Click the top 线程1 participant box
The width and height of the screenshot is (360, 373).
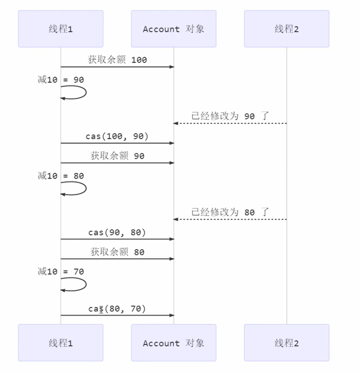click(x=61, y=29)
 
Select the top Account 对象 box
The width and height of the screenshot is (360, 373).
click(x=174, y=29)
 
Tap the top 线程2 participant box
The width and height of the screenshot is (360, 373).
click(x=286, y=29)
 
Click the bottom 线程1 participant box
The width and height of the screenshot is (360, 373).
click(x=61, y=343)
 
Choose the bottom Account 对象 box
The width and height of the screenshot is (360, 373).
click(x=174, y=343)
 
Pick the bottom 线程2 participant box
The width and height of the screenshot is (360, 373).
click(x=286, y=343)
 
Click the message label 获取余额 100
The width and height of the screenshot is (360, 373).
click(x=117, y=60)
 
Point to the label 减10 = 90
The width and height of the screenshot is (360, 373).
click(x=61, y=80)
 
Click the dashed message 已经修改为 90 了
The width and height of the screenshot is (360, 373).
click(x=230, y=116)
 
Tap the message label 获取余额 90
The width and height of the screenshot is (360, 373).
click(x=117, y=156)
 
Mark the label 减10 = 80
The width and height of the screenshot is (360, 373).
click(x=61, y=176)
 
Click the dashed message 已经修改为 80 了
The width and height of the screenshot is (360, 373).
click(x=230, y=212)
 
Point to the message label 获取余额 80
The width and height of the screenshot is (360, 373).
click(x=117, y=252)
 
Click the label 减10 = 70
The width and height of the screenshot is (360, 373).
click(x=61, y=272)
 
